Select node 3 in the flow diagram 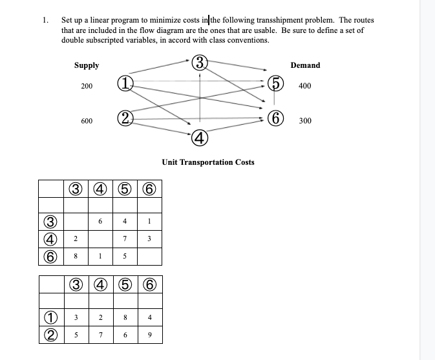(200, 63)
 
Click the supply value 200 (87, 86)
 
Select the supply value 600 (87, 121)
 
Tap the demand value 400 (305, 86)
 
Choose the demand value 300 (305, 121)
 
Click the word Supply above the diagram (87, 65)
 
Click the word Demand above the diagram (305, 65)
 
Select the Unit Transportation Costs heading (207, 162)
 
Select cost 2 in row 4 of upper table (76, 240)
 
